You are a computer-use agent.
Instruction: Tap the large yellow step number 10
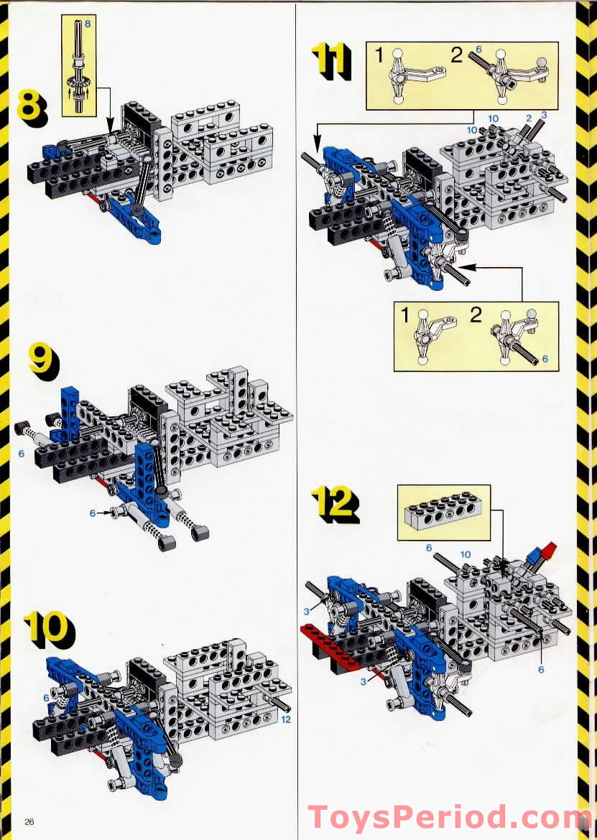point(49,632)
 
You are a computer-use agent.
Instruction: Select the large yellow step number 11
point(330,61)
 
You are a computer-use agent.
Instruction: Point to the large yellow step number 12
point(335,504)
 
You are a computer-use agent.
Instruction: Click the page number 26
point(29,822)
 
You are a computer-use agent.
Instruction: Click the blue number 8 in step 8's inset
point(88,24)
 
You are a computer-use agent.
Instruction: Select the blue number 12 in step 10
point(286,719)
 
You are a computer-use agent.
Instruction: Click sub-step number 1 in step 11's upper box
point(379,55)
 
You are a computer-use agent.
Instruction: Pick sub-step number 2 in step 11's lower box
point(476,314)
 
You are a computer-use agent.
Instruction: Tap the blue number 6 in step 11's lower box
point(545,358)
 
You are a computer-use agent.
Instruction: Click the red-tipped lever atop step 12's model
point(541,555)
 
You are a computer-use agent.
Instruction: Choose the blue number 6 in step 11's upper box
point(478,50)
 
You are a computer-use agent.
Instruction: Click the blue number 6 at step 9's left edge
point(22,454)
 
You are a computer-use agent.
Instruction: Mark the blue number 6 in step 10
point(46,698)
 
